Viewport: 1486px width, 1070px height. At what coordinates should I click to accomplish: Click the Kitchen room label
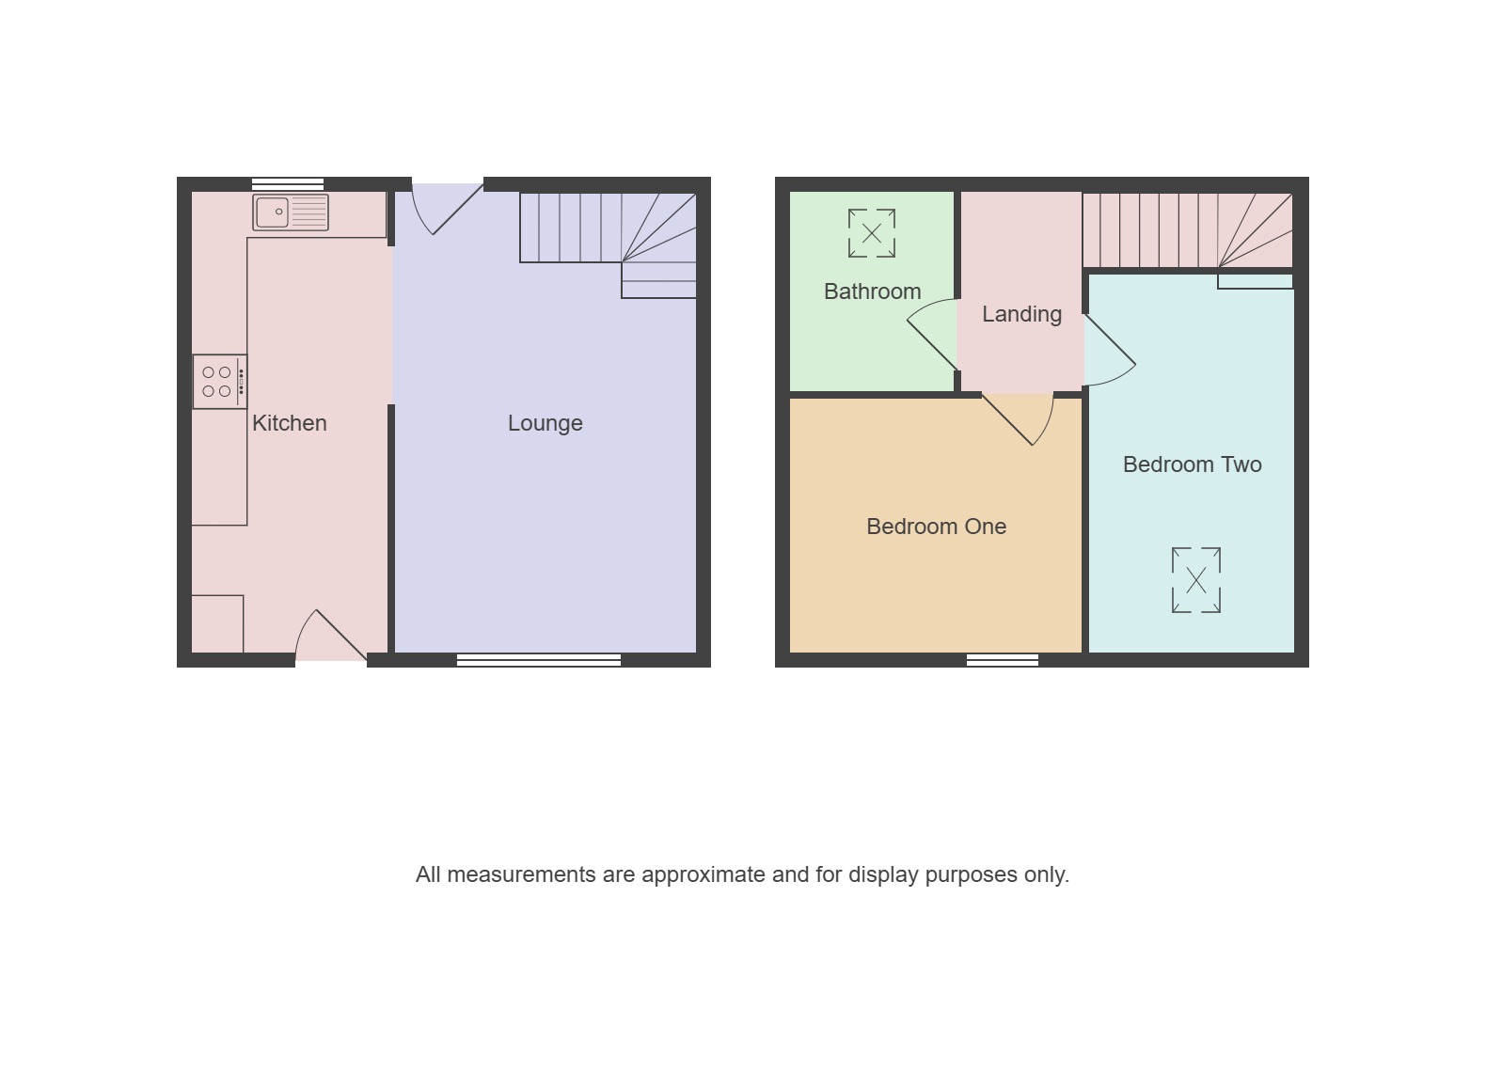[x=290, y=423]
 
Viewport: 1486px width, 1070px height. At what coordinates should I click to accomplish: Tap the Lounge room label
[x=545, y=423]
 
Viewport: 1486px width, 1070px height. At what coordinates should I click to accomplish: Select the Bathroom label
[x=873, y=291]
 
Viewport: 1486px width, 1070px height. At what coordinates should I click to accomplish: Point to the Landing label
[x=1021, y=314]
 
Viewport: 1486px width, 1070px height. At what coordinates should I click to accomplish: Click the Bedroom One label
[x=936, y=527]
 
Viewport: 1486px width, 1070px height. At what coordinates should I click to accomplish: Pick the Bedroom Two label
[x=1193, y=464]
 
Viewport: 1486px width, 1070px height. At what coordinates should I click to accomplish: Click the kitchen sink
[x=291, y=212]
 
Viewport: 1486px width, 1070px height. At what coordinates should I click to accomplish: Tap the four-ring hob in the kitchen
[x=220, y=382]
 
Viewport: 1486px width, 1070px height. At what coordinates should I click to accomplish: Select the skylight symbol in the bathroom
[x=872, y=233]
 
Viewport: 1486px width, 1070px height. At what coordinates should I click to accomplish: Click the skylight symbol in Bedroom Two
[x=1196, y=580]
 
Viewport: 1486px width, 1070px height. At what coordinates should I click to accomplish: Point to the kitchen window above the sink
[x=288, y=183]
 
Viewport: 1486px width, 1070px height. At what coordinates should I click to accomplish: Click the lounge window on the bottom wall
[x=539, y=660]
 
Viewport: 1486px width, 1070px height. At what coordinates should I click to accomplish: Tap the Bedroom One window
[x=1003, y=660]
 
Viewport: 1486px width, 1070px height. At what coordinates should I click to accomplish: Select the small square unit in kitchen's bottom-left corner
[x=217, y=624]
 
